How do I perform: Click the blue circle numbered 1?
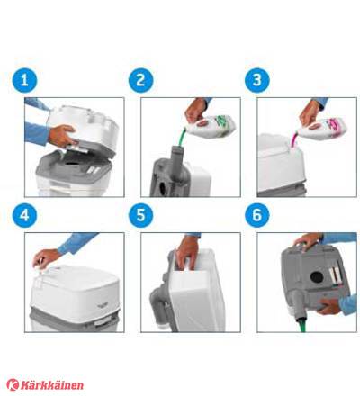click(24, 80)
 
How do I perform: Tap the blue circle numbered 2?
click(141, 80)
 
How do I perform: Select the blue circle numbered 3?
click(257, 80)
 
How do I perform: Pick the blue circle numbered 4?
click(24, 215)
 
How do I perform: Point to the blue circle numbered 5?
click(141, 215)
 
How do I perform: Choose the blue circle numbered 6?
click(257, 215)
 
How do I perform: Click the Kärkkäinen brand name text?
click(51, 385)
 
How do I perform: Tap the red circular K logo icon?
click(13, 384)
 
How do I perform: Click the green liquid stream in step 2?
click(181, 137)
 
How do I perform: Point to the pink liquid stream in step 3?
click(294, 139)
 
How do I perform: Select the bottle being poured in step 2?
click(211, 127)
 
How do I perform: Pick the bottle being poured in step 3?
click(322, 129)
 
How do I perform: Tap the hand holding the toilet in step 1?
click(61, 136)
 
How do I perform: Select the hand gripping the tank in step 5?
click(187, 253)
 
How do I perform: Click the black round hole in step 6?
click(317, 277)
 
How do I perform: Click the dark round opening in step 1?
click(72, 165)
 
